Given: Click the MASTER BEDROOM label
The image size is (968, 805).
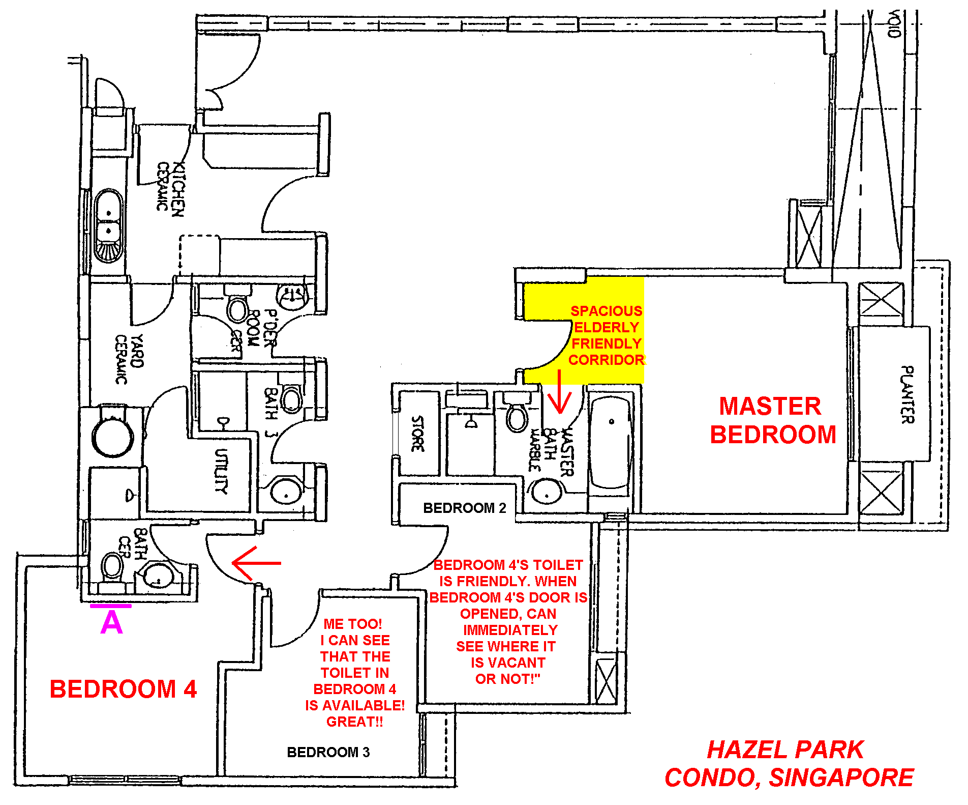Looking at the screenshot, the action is click(x=773, y=420).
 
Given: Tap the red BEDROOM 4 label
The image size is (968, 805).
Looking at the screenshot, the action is click(x=123, y=689).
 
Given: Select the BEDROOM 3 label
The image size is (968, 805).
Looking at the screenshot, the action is click(x=328, y=752).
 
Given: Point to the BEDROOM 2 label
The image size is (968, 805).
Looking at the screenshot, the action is click(x=465, y=508).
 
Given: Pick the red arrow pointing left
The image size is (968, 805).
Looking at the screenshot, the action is click(x=256, y=563).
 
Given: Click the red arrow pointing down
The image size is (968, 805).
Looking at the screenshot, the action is click(x=560, y=391).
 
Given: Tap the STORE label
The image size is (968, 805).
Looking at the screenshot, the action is click(x=417, y=434).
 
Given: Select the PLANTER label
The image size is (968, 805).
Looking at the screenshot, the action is click(x=907, y=394).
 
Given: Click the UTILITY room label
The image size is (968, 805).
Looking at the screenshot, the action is click(x=221, y=471).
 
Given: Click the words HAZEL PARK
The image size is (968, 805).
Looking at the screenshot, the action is click(x=785, y=750).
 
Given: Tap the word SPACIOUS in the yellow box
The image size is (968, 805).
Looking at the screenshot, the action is click(x=607, y=311).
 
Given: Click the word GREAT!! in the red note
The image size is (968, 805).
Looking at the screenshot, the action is click(x=355, y=722).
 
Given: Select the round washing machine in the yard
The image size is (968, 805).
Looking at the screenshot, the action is click(x=113, y=436).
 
